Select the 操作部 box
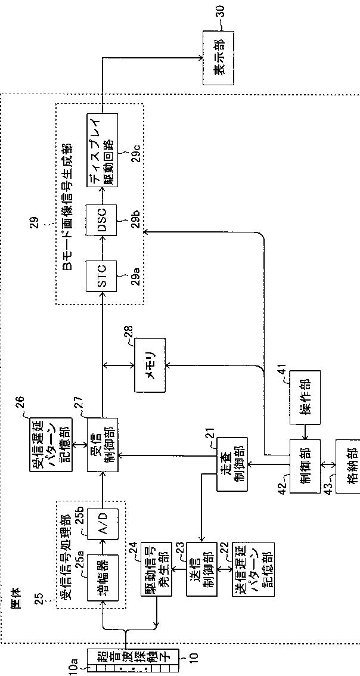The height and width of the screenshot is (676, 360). point(305,398)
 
